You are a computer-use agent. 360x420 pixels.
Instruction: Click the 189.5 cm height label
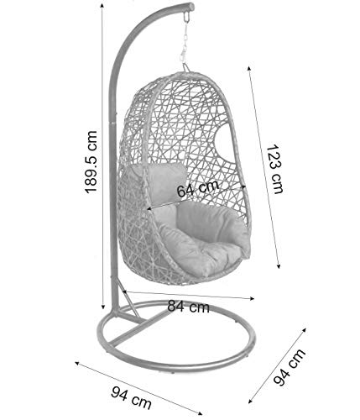91,161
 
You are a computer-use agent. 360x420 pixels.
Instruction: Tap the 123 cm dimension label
274,169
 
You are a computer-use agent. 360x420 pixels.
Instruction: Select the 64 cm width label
198,188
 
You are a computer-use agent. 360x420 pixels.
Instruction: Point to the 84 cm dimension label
189,307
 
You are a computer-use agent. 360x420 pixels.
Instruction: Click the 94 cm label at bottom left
131,397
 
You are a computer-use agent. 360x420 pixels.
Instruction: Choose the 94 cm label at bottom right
290,367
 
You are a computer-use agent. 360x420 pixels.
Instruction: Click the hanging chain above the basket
185,42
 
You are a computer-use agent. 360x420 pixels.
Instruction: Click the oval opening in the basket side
224,144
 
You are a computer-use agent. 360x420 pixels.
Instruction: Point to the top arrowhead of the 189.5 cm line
102,6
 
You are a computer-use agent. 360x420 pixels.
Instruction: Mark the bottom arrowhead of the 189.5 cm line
103,307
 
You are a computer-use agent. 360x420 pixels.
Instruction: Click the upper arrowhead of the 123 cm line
248,69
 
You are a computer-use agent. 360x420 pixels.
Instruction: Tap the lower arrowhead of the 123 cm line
278,266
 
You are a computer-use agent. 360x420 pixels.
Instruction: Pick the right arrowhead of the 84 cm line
253,298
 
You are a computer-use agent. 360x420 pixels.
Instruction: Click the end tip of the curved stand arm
191,6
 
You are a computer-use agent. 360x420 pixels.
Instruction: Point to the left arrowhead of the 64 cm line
149,209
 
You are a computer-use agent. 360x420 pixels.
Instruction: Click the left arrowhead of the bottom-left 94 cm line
77,363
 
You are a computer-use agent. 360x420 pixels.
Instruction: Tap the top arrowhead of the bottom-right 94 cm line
305,329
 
